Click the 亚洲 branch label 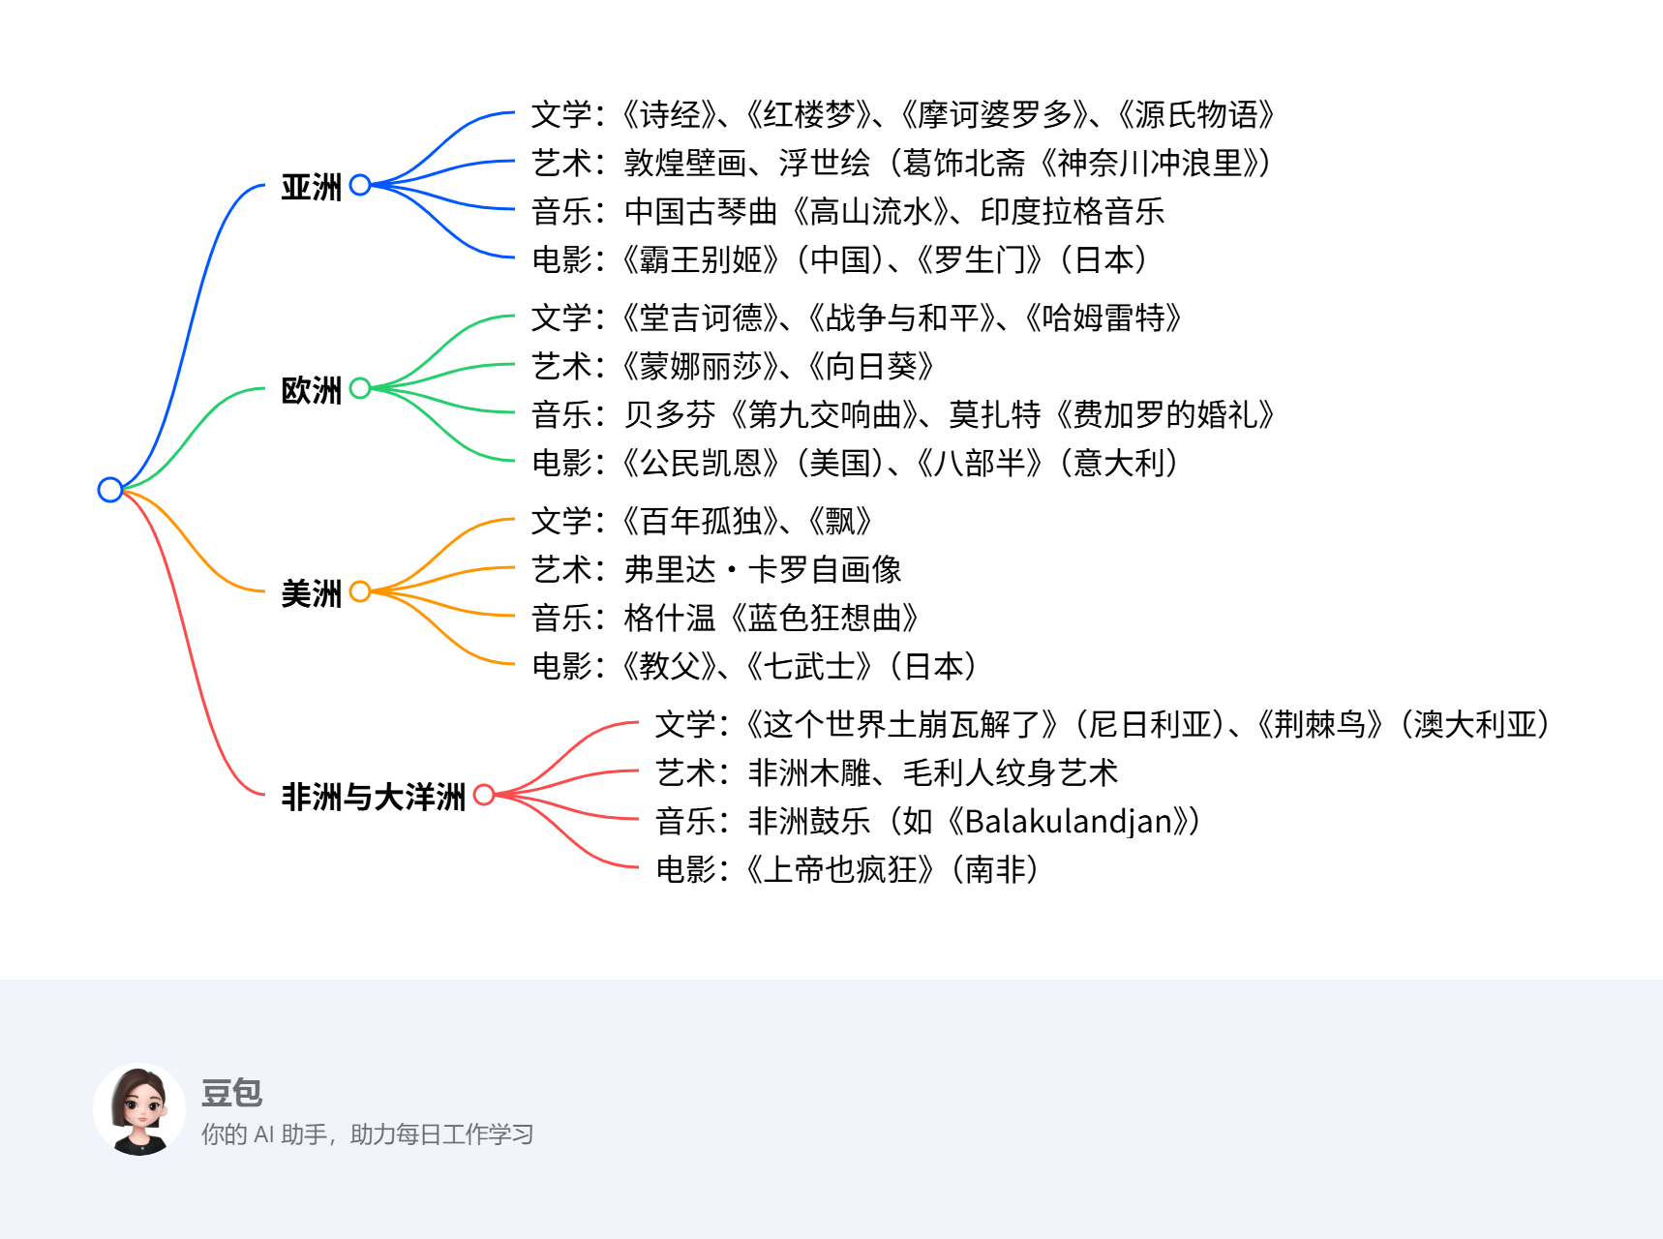tap(311, 187)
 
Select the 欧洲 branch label tap(311, 390)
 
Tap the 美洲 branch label tap(311, 593)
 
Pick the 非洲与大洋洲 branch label tap(373, 797)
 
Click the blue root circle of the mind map tap(110, 490)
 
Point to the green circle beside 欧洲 tap(360, 388)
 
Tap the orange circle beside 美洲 tap(360, 591)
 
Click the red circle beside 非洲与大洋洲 tap(484, 795)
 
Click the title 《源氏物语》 tap(1196, 115)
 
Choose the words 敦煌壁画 tap(684, 164)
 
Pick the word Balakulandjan tap(1069, 822)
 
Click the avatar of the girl tap(139, 1109)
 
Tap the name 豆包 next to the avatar tap(231, 1093)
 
